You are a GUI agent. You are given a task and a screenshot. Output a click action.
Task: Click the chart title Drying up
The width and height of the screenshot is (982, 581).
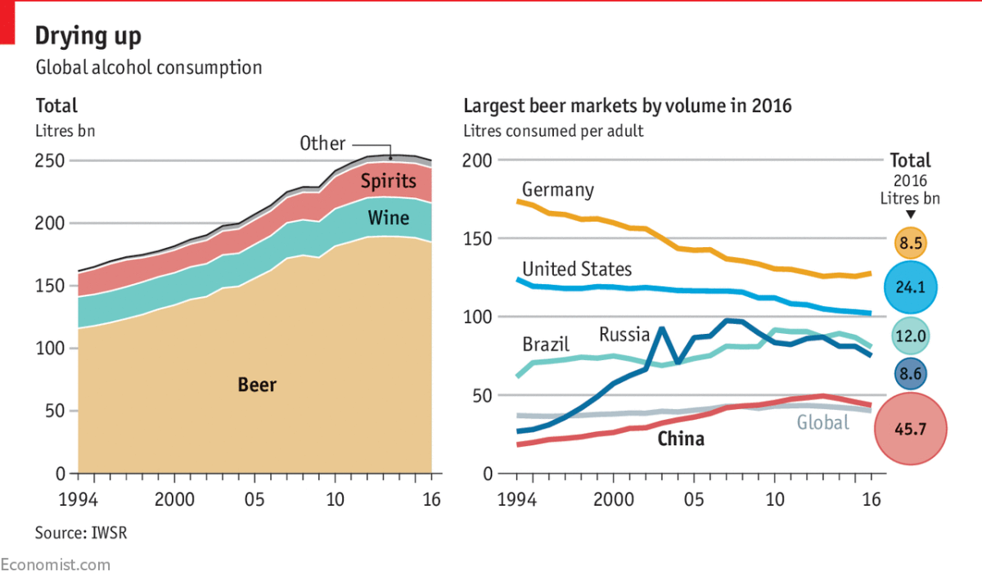pyautogui.click(x=88, y=36)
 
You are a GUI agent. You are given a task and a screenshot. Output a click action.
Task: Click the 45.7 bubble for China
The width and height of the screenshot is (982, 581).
pyautogui.click(x=910, y=428)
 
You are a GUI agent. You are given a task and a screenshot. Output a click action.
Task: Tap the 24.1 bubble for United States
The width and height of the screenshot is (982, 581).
pyautogui.click(x=910, y=287)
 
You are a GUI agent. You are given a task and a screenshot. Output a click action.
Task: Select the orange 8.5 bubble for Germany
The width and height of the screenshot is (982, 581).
pyautogui.click(x=910, y=243)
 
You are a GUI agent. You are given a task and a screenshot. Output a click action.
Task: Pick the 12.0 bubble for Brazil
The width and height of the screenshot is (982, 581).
pyautogui.click(x=910, y=336)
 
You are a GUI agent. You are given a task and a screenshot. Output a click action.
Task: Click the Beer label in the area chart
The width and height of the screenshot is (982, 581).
pyautogui.click(x=257, y=385)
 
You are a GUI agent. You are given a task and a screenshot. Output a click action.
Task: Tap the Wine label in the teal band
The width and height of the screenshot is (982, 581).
pyautogui.click(x=388, y=218)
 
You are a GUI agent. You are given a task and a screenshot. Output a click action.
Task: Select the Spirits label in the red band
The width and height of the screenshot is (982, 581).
pyautogui.click(x=389, y=182)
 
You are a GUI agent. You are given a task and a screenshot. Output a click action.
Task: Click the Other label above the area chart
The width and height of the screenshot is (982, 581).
pyautogui.click(x=322, y=143)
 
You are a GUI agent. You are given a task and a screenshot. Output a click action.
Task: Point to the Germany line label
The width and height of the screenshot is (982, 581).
pyautogui.click(x=557, y=190)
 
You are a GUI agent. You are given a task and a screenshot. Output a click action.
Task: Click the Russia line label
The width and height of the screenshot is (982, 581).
pyautogui.click(x=624, y=334)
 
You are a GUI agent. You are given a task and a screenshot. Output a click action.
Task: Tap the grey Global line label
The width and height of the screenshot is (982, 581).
pyautogui.click(x=822, y=423)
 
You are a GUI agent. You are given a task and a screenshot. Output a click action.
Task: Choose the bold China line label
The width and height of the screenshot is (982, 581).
pyautogui.click(x=681, y=439)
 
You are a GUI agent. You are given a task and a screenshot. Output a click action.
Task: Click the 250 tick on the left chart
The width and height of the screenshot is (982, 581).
pyautogui.click(x=52, y=161)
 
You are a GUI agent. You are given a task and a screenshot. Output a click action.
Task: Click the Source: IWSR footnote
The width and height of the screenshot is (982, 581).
pyautogui.click(x=81, y=534)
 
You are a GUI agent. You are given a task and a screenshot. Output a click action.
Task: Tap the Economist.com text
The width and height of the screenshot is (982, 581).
pyautogui.click(x=54, y=565)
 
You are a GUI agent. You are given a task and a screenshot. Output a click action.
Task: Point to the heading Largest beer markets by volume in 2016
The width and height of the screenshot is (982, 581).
pyautogui.click(x=628, y=106)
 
